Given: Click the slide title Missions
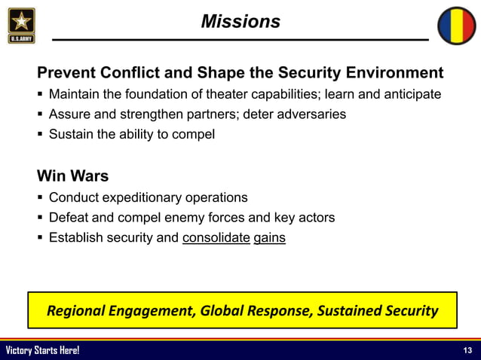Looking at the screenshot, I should click(x=240, y=22).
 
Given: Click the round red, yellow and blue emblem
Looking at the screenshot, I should click(x=457, y=26).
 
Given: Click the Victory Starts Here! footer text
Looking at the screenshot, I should click(x=42, y=351).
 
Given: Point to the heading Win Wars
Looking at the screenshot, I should click(x=73, y=177).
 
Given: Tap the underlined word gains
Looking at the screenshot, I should click(x=270, y=238).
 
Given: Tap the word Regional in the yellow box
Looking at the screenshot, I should click(x=74, y=310).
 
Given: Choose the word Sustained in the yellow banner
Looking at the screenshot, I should click(x=346, y=310).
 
